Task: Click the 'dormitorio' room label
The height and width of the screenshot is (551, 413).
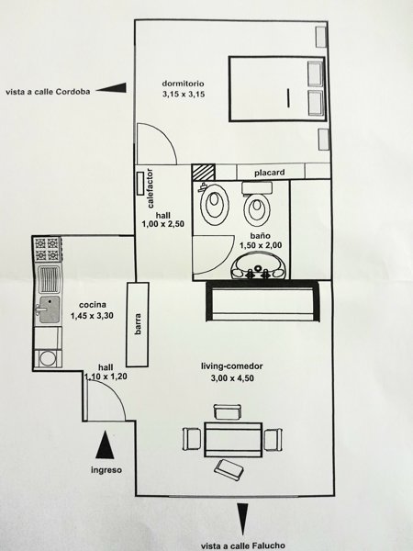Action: tap(183, 84)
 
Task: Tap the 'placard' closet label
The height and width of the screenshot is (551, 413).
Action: tap(269, 173)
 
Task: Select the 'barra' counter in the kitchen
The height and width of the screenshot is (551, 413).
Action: tap(138, 324)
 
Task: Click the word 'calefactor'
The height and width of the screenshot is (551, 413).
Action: tap(150, 188)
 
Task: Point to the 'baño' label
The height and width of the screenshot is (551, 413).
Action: tap(261, 236)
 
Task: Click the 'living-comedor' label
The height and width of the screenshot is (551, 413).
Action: tap(232, 366)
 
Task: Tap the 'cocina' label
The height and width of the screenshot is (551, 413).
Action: tap(93, 305)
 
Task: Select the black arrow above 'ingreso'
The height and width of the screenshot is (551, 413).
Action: tap(105, 444)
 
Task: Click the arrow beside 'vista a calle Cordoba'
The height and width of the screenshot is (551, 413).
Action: tap(111, 88)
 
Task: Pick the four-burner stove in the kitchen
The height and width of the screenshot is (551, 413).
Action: tap(48, 249)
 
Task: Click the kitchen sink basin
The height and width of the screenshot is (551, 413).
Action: tap(49, 309)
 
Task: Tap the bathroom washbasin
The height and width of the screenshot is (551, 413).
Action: tap(259, 266)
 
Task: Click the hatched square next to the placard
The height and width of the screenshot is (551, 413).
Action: tap(203, 173)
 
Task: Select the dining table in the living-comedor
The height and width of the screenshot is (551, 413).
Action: tap(233, 440)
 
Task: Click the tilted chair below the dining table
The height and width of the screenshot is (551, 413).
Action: tap(229, 469)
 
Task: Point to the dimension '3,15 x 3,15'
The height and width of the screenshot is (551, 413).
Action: tap(184, 95)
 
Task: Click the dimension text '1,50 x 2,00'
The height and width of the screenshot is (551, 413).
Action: tap(261, 245)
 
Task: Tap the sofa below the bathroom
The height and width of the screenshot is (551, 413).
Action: tap(262, 301)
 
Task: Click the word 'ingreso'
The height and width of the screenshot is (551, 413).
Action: tap(106, 470)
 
